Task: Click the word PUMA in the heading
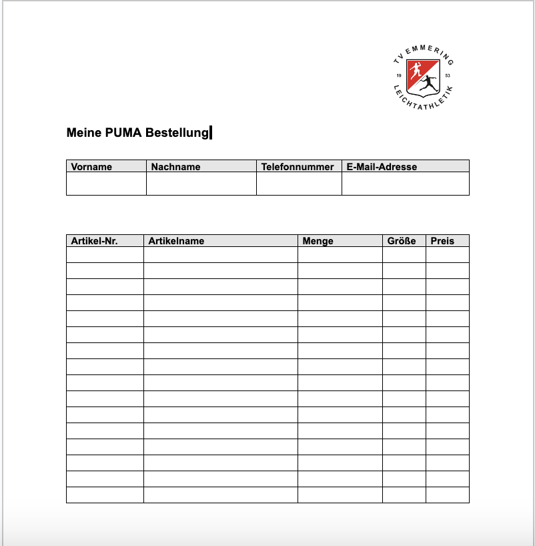click(x=123, y=133)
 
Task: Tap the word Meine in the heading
click(x=84, y=133)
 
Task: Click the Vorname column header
click(x=91, y=167)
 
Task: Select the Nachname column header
click(x=175, y=167)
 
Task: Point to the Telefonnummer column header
click(x=298, y=167)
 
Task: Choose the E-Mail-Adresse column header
click(x=382, y=167)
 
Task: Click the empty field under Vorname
click(x=106, y=184)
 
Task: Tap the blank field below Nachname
click(x=201, y=184)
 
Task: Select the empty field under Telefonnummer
click(x=299, y=184)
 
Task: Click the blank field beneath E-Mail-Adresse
click(x=405, y=184)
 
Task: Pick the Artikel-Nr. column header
click(x=95, y=241)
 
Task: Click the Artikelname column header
click(x=177, y=241)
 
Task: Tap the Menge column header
click(x=318, y=241)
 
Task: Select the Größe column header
click(x=402, y=241)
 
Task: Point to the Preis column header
click(x=442, y=241)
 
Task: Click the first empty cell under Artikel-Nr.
click(x=105, y=255)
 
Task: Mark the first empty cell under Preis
click(x=447, y=255)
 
